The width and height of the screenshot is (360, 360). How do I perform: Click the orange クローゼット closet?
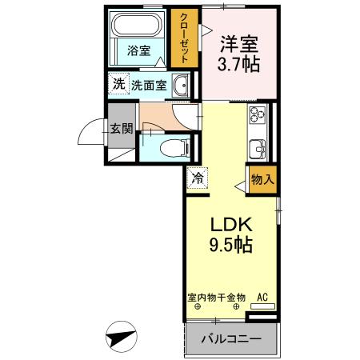[x=182, y=38]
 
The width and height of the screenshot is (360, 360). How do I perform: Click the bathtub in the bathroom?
[x=138, y=30]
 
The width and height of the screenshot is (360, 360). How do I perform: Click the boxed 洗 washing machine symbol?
[x=118, y=83]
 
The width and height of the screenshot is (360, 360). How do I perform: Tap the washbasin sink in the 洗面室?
[x=180, y=84]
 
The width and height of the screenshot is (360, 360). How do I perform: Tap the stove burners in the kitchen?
[x=259, y=120]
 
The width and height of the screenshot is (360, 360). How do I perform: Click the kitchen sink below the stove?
[x=259, y=148]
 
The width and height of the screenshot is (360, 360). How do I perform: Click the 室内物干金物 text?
[x=216, y=298]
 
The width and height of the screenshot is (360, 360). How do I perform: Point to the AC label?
[x=262, y=298]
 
